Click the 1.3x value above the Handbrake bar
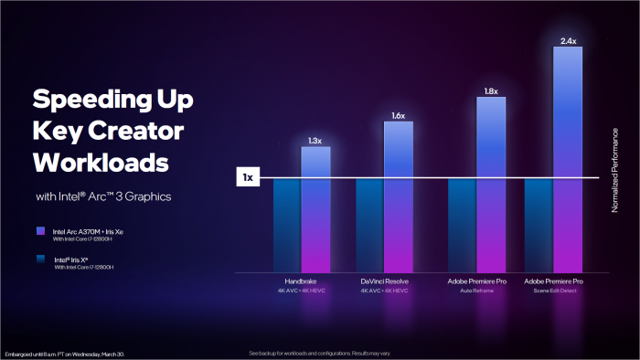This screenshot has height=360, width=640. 315,141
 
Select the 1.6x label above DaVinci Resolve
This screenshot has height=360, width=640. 398,116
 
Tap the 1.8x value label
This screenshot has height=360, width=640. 490,91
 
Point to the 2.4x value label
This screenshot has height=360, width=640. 567,41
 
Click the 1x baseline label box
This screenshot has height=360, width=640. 248,177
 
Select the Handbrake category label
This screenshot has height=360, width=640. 301,281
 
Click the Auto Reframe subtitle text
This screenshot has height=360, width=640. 476,290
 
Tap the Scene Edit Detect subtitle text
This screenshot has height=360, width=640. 553,290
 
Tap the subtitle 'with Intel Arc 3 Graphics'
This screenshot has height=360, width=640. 103,196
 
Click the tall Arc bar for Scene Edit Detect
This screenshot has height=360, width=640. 568,155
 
